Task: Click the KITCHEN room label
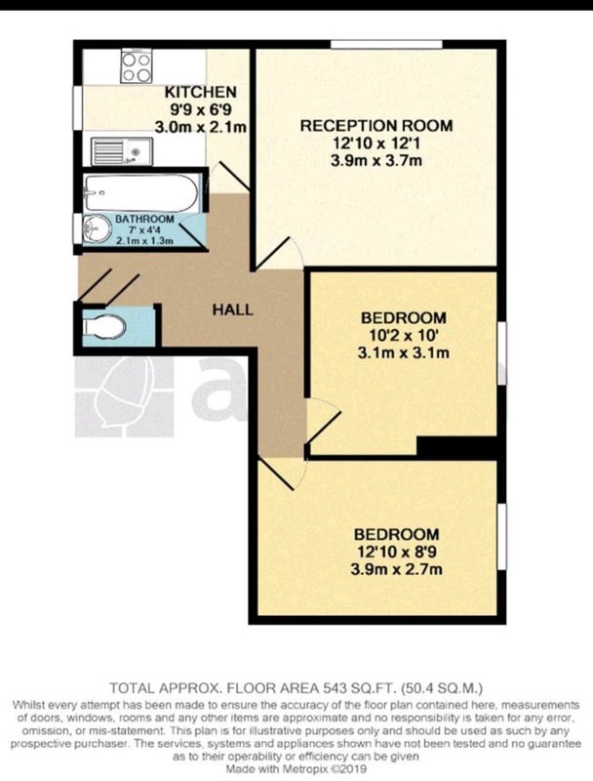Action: [x=201, y=92]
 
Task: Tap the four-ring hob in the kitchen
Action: [x=137, y=66]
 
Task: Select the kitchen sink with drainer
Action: [x=122, y=151]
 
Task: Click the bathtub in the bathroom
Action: [x=141, y=192]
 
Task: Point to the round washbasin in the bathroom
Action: [x=97, y=229]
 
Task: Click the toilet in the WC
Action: [x=104, y=327]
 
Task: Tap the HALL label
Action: [x=233, y=309]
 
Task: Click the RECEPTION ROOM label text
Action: [x=376, y=126]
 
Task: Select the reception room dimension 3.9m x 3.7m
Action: [x=376, y=160]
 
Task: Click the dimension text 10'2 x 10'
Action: [x=404, y=335]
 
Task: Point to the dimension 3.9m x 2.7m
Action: [x=397, y=569]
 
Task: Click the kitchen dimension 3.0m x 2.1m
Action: [x=201, y=127]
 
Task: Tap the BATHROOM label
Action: [x=144, y=219]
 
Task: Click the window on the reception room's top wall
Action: [x=386, y=44]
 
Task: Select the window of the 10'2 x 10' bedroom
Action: [x=502, y=352]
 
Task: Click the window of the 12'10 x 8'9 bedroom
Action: [x=502, y=536]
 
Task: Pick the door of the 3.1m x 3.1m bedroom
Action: [x=324, y=421]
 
